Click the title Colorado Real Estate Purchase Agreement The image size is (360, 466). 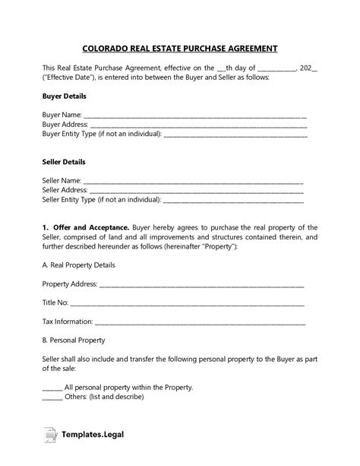[180, 48]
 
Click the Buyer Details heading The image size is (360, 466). [64, 97]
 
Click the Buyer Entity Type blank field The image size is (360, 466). [235, 135]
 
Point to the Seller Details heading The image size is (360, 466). [64, 162]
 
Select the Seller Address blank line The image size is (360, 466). [196, 190]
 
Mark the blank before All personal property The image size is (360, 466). [52, 387]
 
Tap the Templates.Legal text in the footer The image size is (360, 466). [94, 435]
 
